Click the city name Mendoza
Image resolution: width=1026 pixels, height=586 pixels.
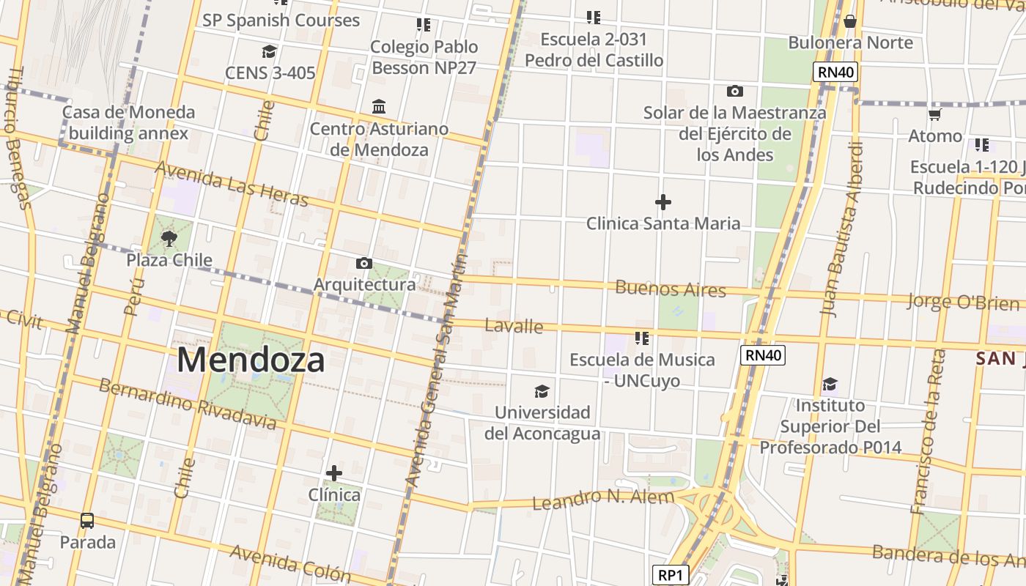point(251,360)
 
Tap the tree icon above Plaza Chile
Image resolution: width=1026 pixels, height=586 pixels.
point(169,238)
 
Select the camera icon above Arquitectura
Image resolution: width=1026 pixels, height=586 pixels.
point(364,263)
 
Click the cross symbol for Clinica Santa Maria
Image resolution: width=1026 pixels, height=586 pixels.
point(663,201)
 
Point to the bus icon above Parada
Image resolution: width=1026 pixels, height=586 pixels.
point(87,521)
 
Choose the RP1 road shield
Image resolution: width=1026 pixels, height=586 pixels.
point(670,576)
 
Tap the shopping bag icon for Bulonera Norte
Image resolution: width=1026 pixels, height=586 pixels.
point(850,21)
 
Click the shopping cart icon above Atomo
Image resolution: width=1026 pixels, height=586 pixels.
point(934,115)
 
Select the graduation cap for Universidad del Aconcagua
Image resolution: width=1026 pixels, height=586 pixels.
point(542,391)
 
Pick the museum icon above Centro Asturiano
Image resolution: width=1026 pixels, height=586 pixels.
point(379,107)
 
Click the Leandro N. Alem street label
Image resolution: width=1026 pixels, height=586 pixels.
point(602,500)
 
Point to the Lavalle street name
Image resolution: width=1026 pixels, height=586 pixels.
point(514,326)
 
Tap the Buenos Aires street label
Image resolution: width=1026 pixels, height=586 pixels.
point(671,289)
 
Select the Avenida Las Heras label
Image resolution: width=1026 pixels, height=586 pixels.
point(232,184)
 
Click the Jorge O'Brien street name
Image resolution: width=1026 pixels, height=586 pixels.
point(963,302)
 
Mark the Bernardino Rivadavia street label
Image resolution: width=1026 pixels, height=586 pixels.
point(187,404)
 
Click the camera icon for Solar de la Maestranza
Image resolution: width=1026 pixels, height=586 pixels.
point(734,92)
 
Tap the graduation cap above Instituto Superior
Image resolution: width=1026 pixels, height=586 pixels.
point(830,384)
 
